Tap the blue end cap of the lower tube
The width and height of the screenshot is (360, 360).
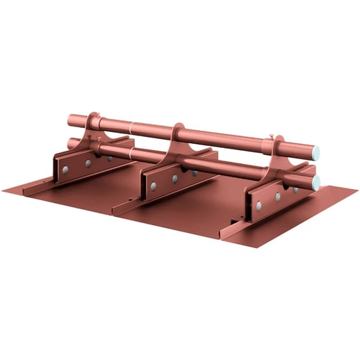coord(316,183)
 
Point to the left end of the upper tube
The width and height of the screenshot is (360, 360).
coord(71,120)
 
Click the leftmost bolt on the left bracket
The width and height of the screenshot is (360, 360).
coord(65,170)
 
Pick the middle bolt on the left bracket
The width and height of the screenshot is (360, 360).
coord(88,164)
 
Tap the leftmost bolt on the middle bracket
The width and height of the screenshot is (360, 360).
coord(153,186)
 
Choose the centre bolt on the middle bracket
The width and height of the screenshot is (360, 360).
coord(174,179)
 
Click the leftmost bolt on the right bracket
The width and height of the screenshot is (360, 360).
coord(258,206)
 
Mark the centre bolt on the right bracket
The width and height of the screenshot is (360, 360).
coord(277,197)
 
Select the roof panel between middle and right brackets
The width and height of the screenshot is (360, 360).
coord(202,212)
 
